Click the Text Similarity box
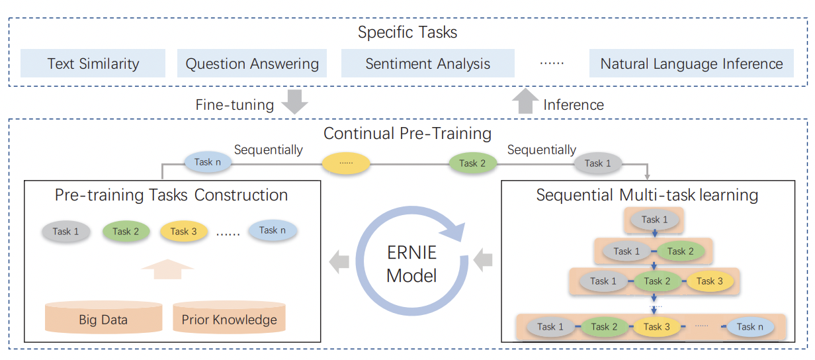[x=93, y=64]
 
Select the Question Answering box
[x=252, y=64]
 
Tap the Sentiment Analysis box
[x=428, y=64]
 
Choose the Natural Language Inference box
[x=691, y=64]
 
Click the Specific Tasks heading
[x=407, y=32]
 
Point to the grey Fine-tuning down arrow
[x=295, y=101]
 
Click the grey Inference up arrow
[x=525, y=101]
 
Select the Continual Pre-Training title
[x=407, y=133]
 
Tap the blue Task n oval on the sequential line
[x=208, y=162]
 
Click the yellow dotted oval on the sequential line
[x=346, y=163]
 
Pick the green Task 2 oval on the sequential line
[x=472, y=163]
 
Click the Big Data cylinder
[x=103, y=317]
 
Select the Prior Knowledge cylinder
[x=229, y=317]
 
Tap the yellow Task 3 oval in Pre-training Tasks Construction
[x=184, y=231]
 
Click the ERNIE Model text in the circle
[x=411, y=264]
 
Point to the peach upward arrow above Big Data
[x=167, y=269]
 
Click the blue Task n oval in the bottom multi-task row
[x=750, y=327]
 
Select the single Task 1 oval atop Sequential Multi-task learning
[x=654, y=220]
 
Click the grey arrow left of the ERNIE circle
[x=339, y=261]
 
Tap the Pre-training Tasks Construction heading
[x=171, y=195]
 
